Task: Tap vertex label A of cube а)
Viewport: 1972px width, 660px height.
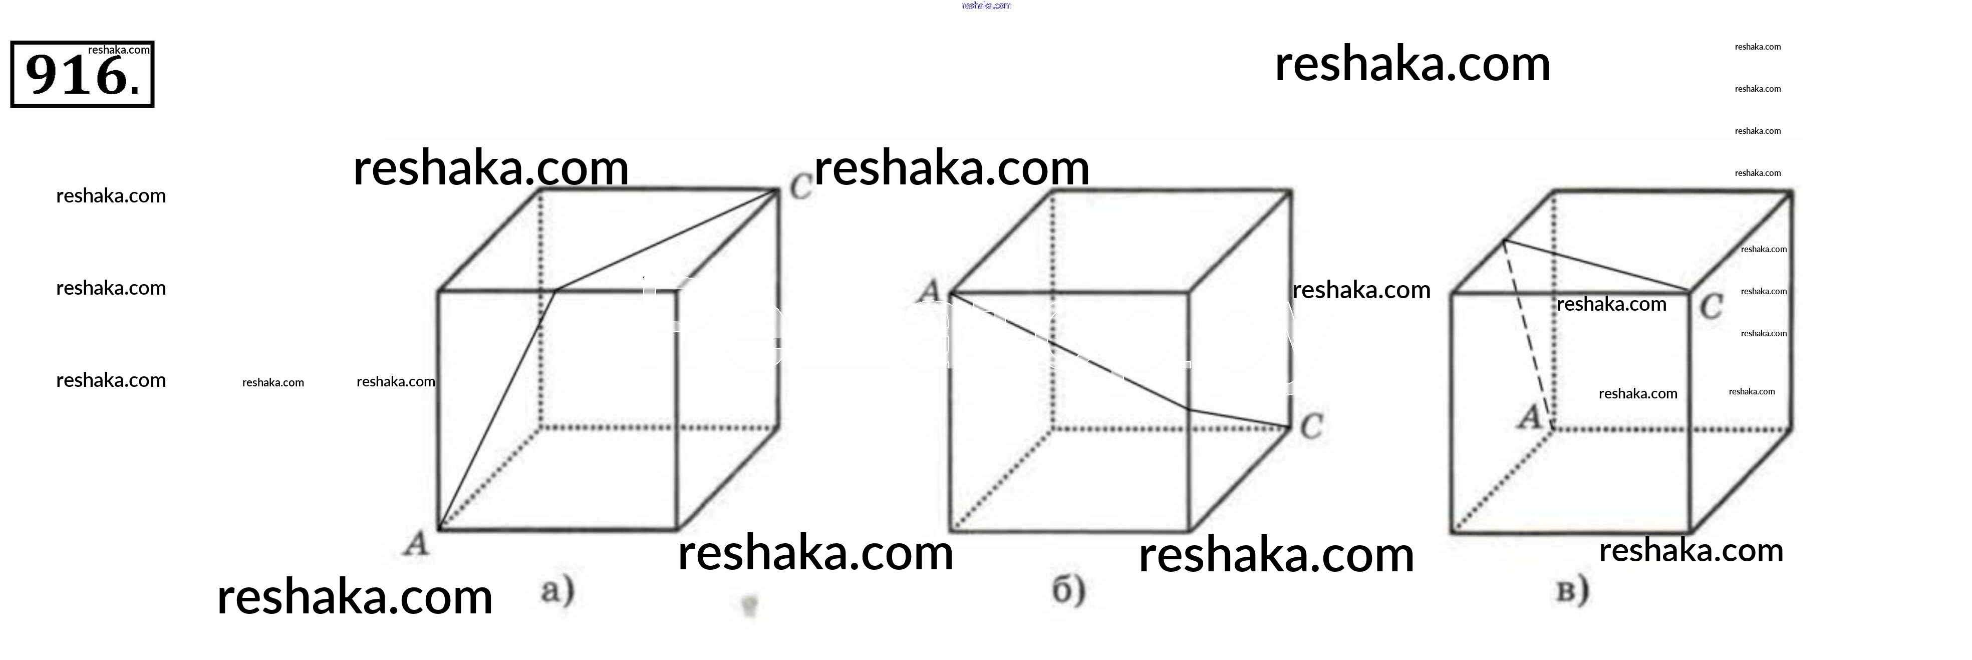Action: [416, 544]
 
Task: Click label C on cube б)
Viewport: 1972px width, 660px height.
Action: [1311, 425]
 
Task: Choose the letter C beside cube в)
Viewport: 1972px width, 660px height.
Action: [1712, 308]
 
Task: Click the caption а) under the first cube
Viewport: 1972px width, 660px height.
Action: [557, 590]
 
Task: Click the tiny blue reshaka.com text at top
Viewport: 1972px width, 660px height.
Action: [986, 6]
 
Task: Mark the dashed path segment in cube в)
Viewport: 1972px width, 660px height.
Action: [1527, 333]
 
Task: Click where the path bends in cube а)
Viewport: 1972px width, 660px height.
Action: [555, 291]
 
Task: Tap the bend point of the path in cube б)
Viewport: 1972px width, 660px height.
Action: [1188, 409]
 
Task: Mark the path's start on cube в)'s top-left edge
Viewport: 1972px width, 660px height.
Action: [1504, 241]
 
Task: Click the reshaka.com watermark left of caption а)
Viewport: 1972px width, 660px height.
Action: [355, 597]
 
